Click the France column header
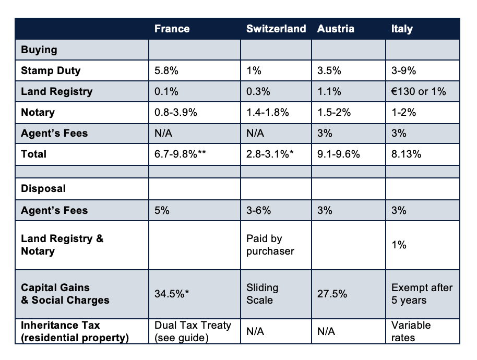click(x=172, y=29)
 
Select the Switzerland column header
click(x=276, y=29)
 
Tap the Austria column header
click(x=336, y=29)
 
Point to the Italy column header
click(x=402, y=29)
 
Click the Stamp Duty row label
click(x=51, y=70)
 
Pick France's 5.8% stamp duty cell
click(x=166, y=70)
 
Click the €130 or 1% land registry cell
click(x=419, y=91)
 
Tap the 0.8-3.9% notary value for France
click(x=175, y=112)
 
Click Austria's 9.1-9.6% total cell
click(x=339, y=154)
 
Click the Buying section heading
click(x=39, y=50)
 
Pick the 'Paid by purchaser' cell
click(x=270, y=245)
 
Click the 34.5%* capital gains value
click(x=172, y=294)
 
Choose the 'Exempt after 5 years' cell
click(x=422, y=294)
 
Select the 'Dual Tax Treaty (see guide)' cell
click(x=193, y=331)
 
